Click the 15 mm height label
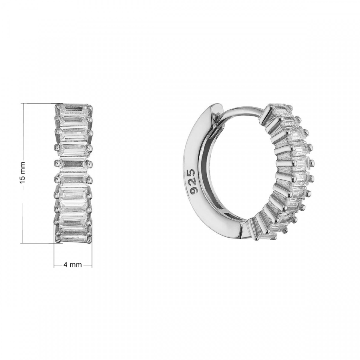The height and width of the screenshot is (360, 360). click(22, 173)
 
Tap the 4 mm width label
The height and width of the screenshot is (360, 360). click(72, 265)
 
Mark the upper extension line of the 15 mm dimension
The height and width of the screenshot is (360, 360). click(42, 103)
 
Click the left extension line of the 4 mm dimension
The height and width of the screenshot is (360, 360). click(54, 255)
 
